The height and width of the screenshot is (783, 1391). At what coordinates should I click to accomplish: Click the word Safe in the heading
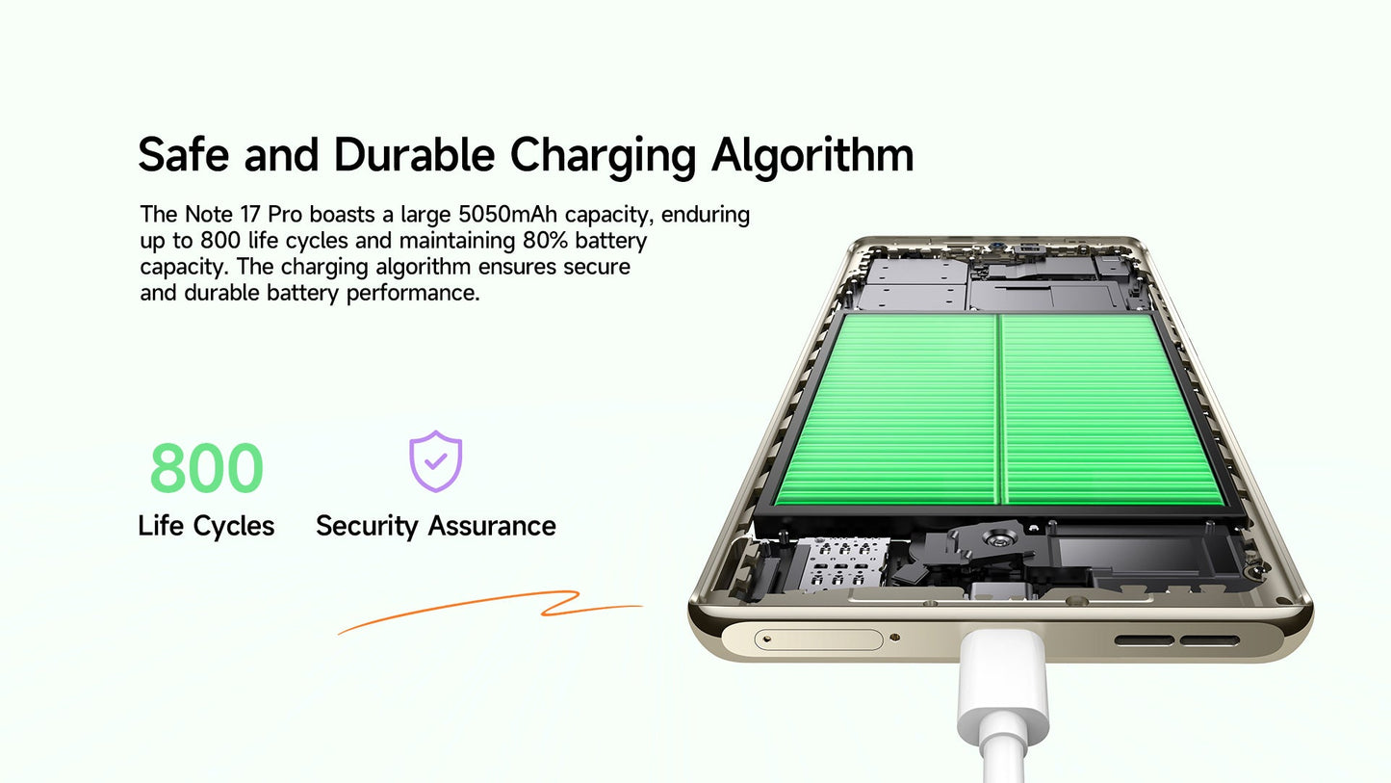183,154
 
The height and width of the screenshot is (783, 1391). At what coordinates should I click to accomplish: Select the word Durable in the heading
414,154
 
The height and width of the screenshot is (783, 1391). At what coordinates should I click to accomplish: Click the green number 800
207,467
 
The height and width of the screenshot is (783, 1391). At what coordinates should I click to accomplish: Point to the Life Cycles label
206,527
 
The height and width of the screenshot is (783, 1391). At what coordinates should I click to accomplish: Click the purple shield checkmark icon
435,461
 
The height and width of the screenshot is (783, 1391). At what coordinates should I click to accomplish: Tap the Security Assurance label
436,527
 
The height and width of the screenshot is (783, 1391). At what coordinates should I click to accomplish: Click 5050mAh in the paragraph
508,215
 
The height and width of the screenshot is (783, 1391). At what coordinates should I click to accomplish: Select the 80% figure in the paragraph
545,241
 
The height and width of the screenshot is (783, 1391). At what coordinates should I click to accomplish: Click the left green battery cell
888,410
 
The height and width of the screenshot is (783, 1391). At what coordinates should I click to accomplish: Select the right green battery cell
1112,410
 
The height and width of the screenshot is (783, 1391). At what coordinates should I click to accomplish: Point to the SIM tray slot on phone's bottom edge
818,639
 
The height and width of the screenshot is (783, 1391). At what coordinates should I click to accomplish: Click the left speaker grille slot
1145,640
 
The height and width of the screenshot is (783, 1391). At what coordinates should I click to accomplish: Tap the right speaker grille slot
1210,640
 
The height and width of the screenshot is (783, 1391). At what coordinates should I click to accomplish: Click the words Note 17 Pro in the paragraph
244,215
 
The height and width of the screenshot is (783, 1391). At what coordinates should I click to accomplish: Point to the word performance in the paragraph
413,294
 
